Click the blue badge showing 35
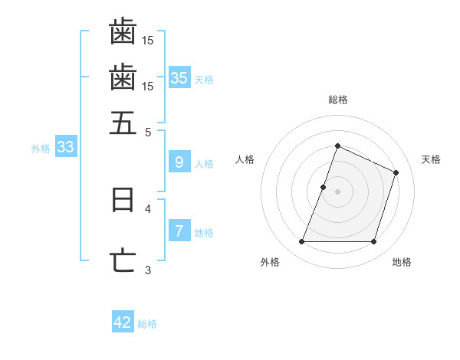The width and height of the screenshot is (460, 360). (179, 77)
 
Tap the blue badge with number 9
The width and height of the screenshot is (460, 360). (179, 162)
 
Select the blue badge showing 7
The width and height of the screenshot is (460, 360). (179, 231)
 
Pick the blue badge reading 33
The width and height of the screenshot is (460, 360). (65, 148)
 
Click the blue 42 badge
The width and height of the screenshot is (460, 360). (123, 322)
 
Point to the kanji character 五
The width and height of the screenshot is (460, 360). (123, 123)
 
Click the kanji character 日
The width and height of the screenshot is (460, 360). (123, 200)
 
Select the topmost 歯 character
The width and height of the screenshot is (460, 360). (123, 31)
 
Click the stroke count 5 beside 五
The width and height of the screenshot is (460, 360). (149, 131)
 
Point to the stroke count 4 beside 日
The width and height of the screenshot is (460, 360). (149, 208)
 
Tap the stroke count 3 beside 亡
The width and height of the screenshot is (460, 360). (149, 269)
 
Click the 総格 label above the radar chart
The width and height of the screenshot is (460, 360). (337, 100)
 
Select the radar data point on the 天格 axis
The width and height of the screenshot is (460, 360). (396, 172)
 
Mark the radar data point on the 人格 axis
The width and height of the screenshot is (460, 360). (324, 187)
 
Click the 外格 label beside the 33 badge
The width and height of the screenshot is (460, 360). (41, 149)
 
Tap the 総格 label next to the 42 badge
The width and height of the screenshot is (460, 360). (147, 324)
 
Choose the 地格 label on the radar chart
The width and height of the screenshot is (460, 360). (402, 262)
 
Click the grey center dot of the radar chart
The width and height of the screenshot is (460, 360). (337, 191)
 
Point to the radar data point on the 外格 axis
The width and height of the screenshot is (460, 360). (301, 242)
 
